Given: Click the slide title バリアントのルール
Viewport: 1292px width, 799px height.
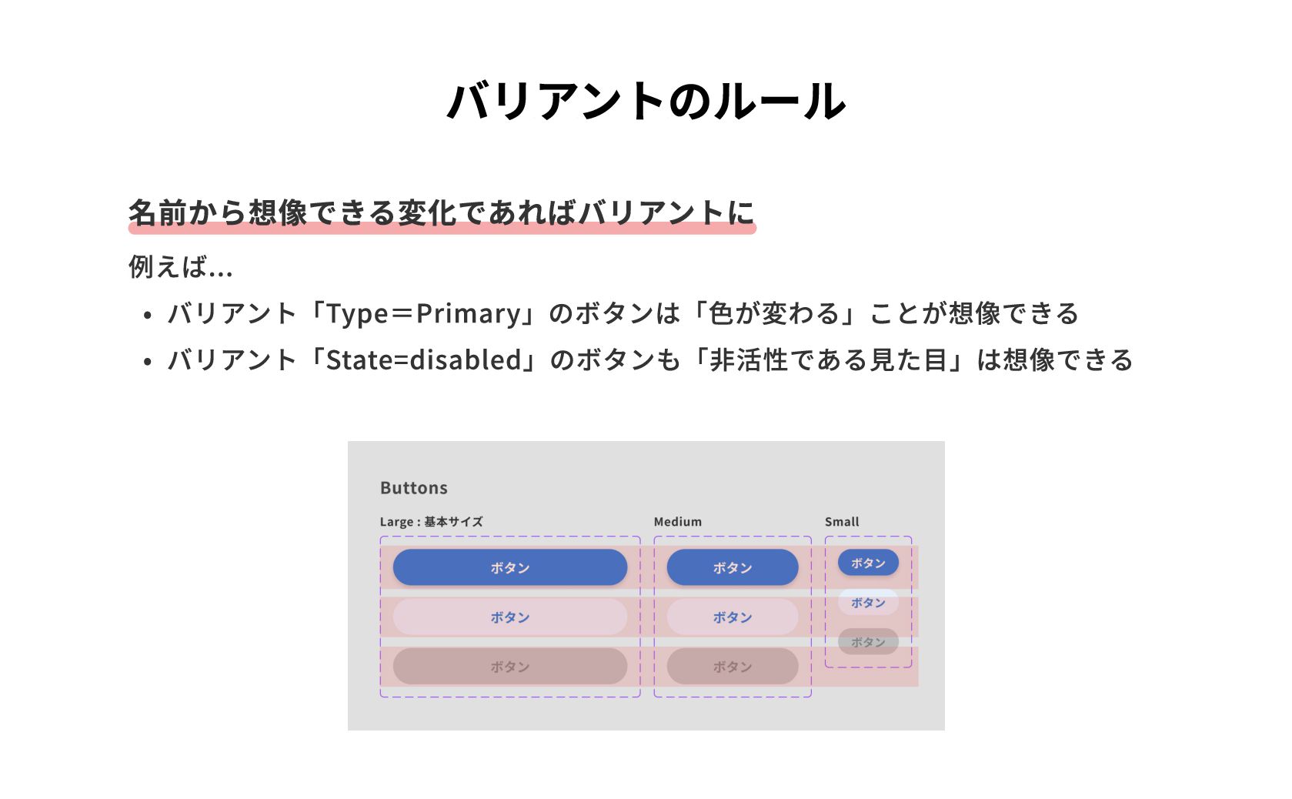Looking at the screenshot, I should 646,101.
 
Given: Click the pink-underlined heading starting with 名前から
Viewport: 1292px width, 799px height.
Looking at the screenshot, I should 441,212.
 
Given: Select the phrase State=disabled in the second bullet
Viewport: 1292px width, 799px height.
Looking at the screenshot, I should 424,360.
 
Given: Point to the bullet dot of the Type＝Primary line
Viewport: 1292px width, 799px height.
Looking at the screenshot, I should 148,315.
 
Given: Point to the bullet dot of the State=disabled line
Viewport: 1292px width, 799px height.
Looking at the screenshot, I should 148,361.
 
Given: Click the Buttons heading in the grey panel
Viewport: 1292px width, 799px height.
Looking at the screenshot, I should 413,488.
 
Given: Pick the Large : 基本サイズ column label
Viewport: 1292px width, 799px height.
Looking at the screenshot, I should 431,522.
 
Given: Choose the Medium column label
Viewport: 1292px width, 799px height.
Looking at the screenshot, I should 677,522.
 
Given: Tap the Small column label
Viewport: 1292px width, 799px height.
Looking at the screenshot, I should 841,522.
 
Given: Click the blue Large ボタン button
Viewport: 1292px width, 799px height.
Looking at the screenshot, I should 509,567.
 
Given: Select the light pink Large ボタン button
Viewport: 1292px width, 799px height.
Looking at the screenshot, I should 509,617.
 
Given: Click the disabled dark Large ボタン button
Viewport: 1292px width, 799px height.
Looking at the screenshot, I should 509,666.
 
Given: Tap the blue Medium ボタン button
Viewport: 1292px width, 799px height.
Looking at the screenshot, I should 732,567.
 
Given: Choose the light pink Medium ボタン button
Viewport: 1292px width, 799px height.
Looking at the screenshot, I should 732,617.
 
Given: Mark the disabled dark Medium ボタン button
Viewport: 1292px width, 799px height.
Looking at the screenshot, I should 732,666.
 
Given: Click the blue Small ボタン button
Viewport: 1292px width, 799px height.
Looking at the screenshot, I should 868,563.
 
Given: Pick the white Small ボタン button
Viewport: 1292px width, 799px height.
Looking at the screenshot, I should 868,602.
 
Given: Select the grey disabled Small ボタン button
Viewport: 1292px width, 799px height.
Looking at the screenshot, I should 868,641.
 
